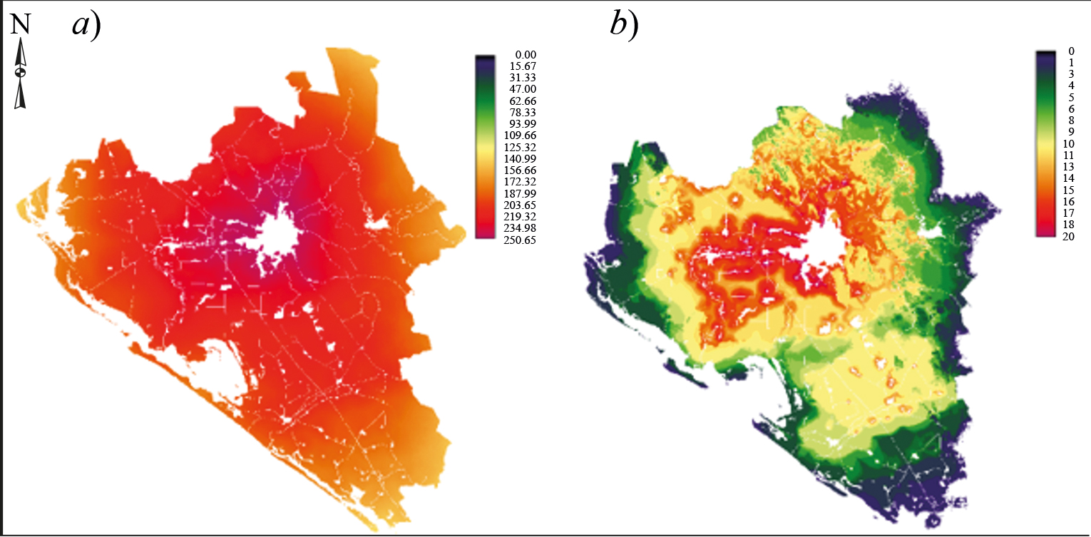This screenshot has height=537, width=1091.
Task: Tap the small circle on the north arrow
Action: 21,72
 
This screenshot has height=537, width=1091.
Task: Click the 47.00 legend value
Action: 524,89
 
